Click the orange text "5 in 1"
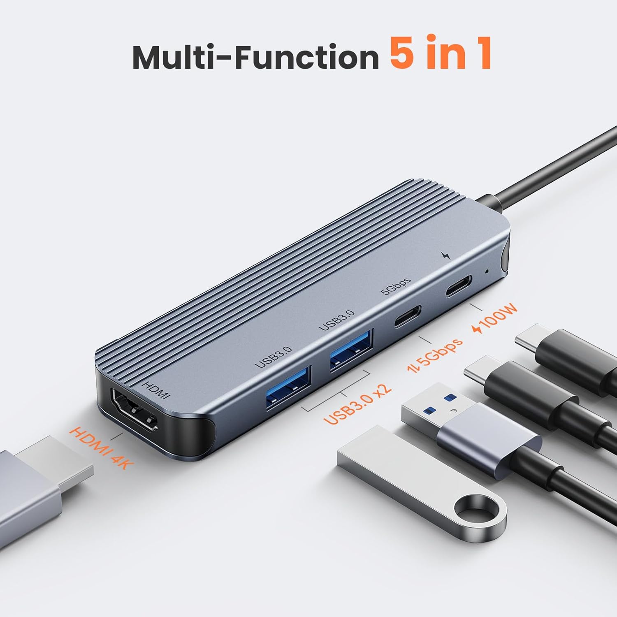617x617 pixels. pyautogui.click(x=441, y=52)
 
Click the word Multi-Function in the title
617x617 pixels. pyautogui.click(x=255, y=58)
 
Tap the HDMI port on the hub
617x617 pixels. pyautogui.click(x=134, y=412)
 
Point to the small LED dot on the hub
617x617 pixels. pyautogui.click(x=487, y=271)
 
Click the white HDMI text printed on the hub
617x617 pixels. pyautogui.click(x=155, y=390)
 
